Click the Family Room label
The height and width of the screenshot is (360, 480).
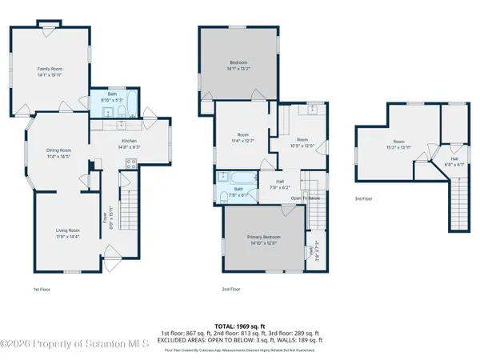pos(50,73)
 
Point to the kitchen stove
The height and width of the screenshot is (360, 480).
pos(129,164)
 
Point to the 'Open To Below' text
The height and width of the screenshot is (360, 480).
pos(306,198)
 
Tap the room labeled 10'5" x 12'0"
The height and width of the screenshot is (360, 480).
pos(297,142)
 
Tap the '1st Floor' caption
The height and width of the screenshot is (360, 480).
pos(42,288)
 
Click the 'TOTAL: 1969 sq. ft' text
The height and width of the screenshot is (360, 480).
pos(239,326)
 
